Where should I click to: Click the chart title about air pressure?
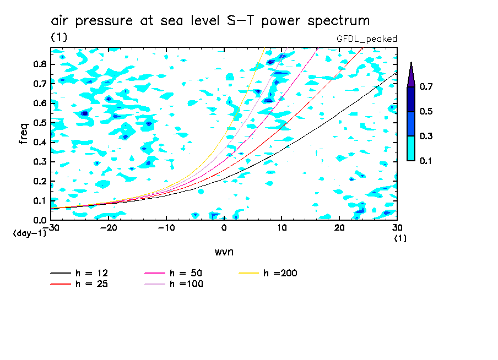210,21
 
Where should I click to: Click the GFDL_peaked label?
366,39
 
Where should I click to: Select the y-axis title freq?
24,134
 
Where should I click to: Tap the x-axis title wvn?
224,252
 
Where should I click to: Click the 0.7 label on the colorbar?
426,86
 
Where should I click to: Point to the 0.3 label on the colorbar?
426,136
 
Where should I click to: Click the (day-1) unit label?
29,233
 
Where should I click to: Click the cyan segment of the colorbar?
411,148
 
